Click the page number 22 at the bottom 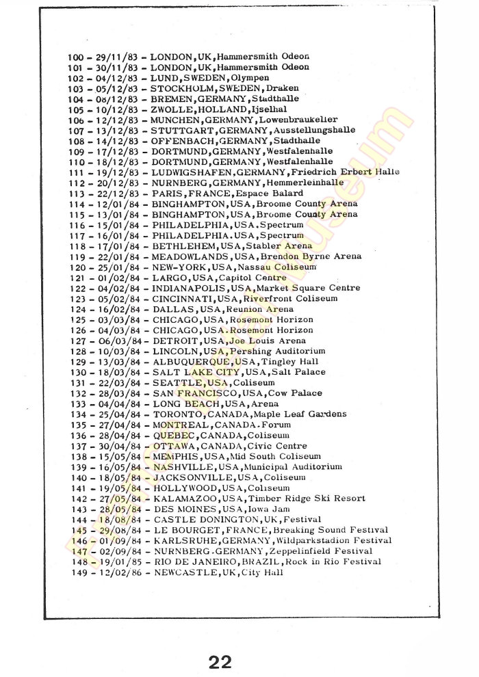[x=221, y=661]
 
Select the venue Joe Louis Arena [x=266, y=341]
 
